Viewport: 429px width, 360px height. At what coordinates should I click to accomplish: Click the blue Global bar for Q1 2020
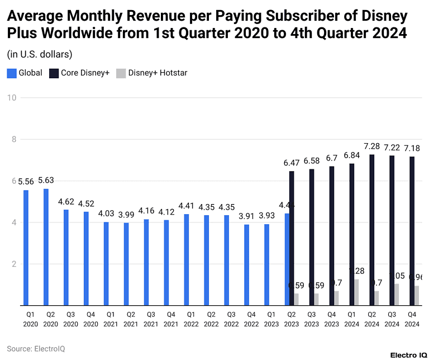pyautogui.click(x=26, y=248)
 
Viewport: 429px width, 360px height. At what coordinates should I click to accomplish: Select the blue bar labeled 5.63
pyautogui.click(x=46, y=247)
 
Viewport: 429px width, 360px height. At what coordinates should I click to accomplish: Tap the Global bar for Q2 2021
pyautogui.click(x=126, y=264)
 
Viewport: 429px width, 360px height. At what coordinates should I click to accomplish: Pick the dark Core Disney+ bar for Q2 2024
pyautogui.click(x=371, y=230)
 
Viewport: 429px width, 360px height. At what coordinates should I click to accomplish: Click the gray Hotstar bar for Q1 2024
pyautogui.click(x=357, y=292)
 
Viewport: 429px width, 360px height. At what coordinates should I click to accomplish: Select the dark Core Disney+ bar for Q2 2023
pyautogui.click(x=291, y=238)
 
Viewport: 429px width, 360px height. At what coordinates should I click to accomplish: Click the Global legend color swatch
pyautogui.click(x=11, y=73)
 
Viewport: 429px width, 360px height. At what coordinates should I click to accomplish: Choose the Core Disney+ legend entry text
pyautogui.click(x=85, y=73)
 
